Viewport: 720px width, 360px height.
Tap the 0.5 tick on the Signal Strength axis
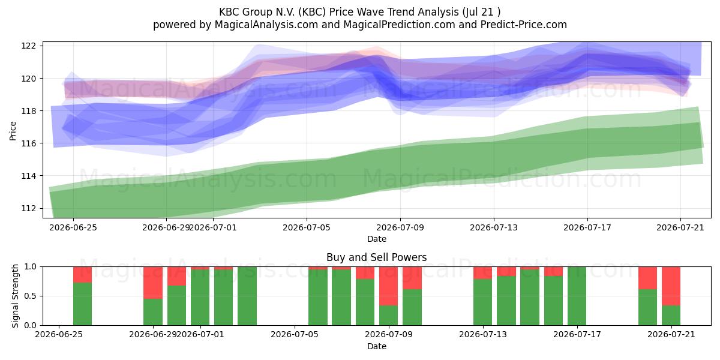(31, 296)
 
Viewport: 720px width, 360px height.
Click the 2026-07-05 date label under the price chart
(307, 227)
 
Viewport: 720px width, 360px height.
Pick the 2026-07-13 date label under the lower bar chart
(483, 334)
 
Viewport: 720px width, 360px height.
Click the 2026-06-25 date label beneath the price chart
(73, 227)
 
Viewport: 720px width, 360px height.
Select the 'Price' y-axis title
(13, 131)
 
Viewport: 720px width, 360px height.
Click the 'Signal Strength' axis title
(15, 296)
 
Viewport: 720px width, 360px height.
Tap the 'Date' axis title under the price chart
(377, 239)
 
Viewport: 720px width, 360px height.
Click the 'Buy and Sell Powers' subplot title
(377, 257)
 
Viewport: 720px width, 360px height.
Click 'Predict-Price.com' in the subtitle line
(524, 25)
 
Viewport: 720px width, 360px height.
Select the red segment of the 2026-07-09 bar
(388, 286)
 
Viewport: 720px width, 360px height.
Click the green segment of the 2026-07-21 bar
(671, 316)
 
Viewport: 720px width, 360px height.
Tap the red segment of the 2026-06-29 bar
(152, 283)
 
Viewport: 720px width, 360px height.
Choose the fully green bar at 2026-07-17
(577, 296)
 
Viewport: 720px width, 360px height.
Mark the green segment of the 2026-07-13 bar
(483, 302)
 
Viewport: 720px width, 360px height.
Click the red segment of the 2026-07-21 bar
(671, 286)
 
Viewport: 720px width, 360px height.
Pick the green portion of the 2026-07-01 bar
(200, 298)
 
